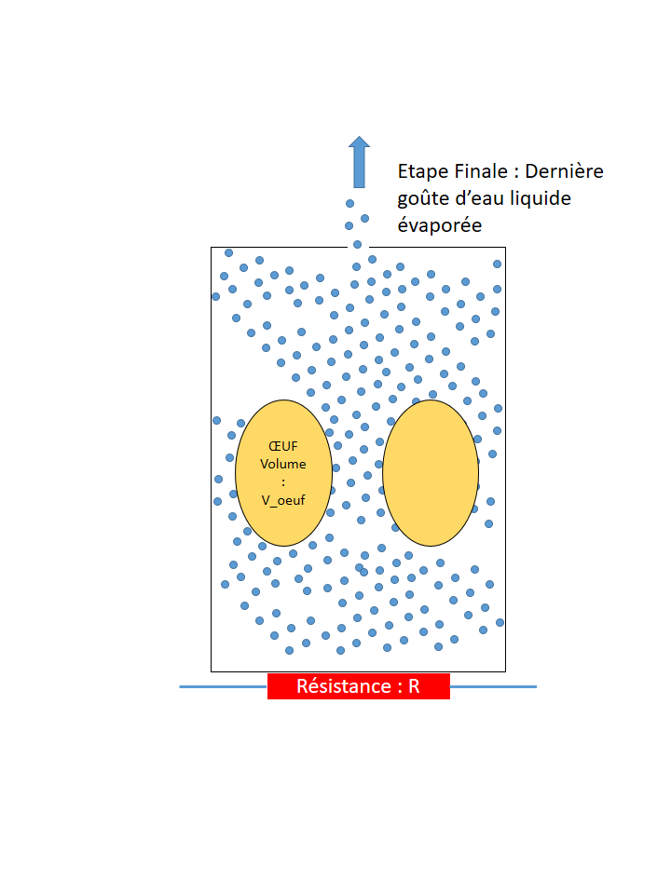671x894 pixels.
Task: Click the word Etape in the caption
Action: tap(421, 171)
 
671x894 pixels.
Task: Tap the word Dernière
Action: tap(564, 171)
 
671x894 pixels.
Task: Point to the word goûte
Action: tap(422, 198)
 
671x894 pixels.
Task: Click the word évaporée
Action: tap(440, 225)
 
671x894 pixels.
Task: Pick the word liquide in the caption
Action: tap(539, 198)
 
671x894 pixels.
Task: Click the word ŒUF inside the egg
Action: tap(283, 446)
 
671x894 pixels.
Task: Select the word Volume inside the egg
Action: tap(283, 464)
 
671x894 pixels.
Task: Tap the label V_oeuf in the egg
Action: tap(283, 499)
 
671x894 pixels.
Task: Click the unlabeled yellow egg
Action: tap(431, 473)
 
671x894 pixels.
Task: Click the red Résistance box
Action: tap(359, 686)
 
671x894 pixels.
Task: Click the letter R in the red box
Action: tap(414, 686)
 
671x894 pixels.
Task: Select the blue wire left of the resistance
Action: tap(224, 686)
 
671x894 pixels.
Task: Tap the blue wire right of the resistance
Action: tap(493, 686)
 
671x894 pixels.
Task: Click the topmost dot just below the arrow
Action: tap(350, 203)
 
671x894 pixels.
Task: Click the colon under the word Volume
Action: tap(283, 481)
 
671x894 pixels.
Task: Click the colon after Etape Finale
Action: tap(517, 173)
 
